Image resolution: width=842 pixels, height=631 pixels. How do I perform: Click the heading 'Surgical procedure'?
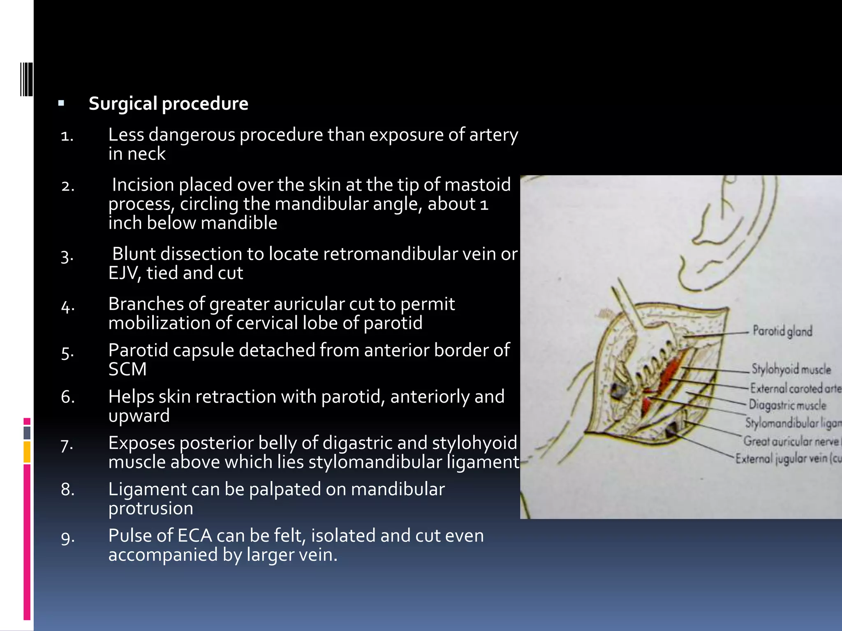[169, 104]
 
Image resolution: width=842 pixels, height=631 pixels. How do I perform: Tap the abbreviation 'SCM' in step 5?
[127, 369]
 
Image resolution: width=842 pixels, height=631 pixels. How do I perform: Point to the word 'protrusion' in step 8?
[150, 509]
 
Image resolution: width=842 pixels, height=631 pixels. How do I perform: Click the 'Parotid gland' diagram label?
[782, 331]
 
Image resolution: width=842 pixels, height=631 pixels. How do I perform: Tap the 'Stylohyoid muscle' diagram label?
[791, 369]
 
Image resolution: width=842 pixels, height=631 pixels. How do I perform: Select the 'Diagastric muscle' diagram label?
[787, 405]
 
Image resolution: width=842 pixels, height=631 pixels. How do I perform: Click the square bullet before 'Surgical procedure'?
[61, 103]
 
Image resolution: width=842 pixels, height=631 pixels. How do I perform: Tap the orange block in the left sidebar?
[27, 452]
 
